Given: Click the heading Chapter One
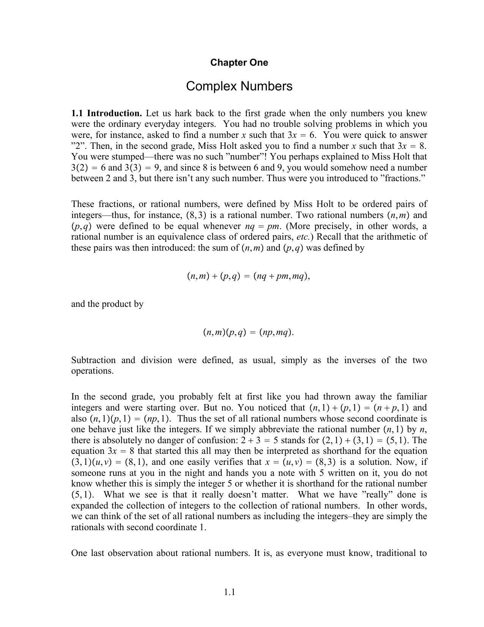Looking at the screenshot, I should pyautogui.click(x=239, y=63).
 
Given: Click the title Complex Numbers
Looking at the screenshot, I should pyautogui.click(x=239, y=86).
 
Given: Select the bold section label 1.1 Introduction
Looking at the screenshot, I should pyautogui.click(x=107, y=113).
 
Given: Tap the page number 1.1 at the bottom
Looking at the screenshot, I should pyautogui.click(x=229, y=592).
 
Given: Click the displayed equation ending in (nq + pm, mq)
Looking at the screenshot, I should pyautogui.click(x=249, y=276).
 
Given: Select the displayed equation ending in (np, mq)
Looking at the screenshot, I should pyautogui.click(x=249, y=332).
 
